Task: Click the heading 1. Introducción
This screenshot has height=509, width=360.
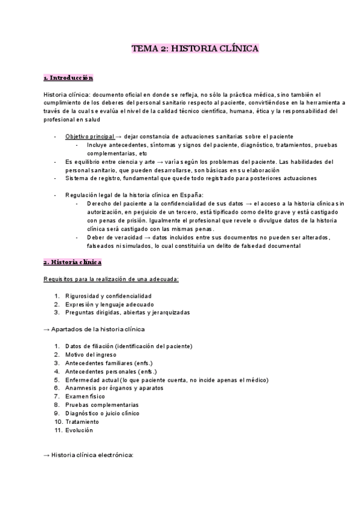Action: coord(68,78)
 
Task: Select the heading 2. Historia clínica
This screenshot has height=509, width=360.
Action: coord(73,262)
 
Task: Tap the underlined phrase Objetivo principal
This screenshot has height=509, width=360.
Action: coord(89,137)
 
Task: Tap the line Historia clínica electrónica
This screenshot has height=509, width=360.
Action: coord(92,455)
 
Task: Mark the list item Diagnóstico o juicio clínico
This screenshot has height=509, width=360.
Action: coord(103,413)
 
